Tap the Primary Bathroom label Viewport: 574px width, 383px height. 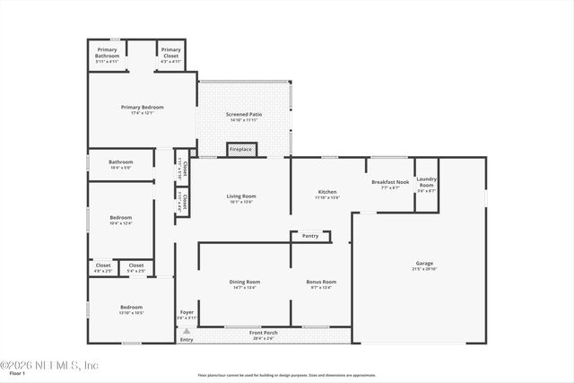click(108, 52)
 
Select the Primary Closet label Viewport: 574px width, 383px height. click(171, 52)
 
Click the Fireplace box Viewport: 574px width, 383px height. click(240, 149)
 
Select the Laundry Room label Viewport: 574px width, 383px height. click(426, 183)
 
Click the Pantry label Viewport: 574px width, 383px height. click(310, 236)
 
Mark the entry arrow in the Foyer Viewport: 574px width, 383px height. click(187, 330)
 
